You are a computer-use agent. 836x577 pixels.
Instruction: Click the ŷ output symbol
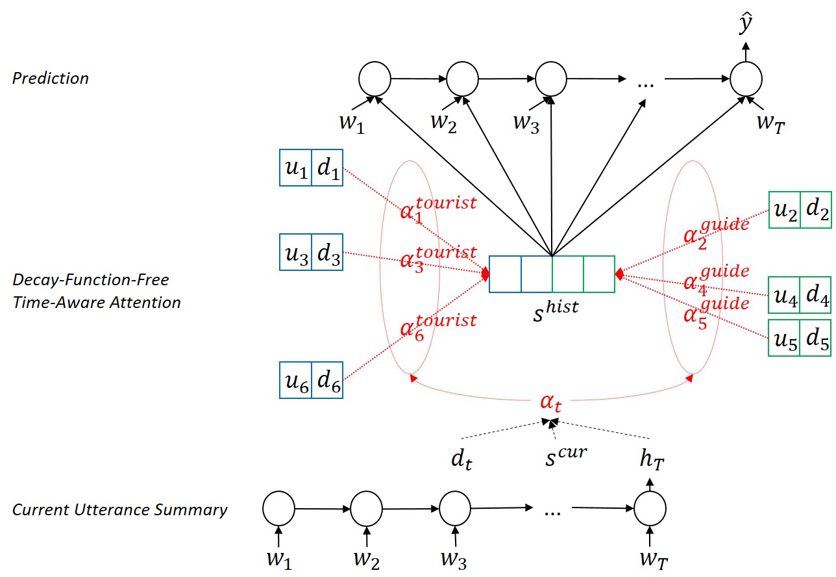(746, 23)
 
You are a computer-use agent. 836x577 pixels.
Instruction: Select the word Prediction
(51, 79)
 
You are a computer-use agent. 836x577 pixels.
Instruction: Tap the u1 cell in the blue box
(295, 168)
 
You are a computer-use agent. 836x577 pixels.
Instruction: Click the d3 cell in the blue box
(327, 252)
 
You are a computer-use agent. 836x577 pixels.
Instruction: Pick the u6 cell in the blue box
(295, 380)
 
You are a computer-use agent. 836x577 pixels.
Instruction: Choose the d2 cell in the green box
(817, 210)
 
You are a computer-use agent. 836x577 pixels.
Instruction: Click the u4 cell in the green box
(784, 295)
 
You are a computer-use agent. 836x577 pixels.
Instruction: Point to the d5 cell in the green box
(816, 338)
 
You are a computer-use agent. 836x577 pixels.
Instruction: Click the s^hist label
(556, 311)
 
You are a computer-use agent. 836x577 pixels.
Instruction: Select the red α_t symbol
(550, 403)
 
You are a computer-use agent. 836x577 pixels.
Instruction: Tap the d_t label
(461, 459)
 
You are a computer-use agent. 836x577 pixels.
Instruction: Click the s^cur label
(566, 457)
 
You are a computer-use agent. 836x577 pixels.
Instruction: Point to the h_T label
(652, 459)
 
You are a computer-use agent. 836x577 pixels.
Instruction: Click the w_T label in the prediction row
(770, 123)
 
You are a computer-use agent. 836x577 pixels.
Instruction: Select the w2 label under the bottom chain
(367, 560)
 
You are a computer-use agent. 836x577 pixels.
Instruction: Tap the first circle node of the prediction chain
(375, 79)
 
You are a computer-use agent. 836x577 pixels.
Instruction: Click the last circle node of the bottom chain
(650, 508)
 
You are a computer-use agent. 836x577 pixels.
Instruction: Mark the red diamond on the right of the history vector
(619, 274)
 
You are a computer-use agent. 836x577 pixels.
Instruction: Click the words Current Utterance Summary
(120, 509)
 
